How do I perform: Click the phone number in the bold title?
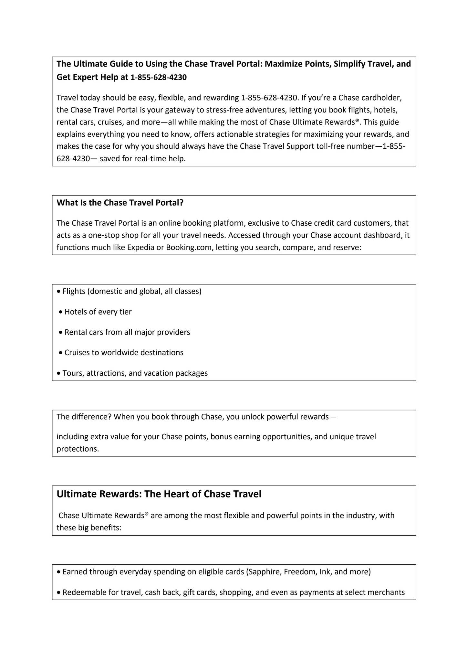(x=159, y=78)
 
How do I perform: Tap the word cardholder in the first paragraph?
(x=381, y=98)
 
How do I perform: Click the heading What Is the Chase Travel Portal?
(x=120, y=203)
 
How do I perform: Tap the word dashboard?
(x=380, y=235)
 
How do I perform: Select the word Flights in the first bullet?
(x=74, y=292)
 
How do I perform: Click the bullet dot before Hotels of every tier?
(x=60, y=312)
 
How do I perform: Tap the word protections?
(x=78, y=449)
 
